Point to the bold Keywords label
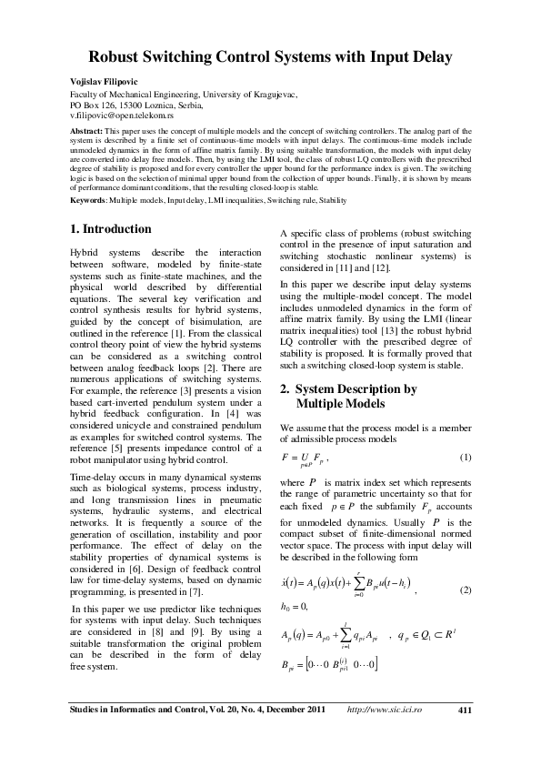pyautogui.click(x=91, y=199)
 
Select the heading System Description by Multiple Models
pyautogui.click(x=346, y=396)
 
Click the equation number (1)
pyautogui.click(x=466, y=455)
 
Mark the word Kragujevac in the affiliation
pyautogui.click(x=273, y=95)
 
